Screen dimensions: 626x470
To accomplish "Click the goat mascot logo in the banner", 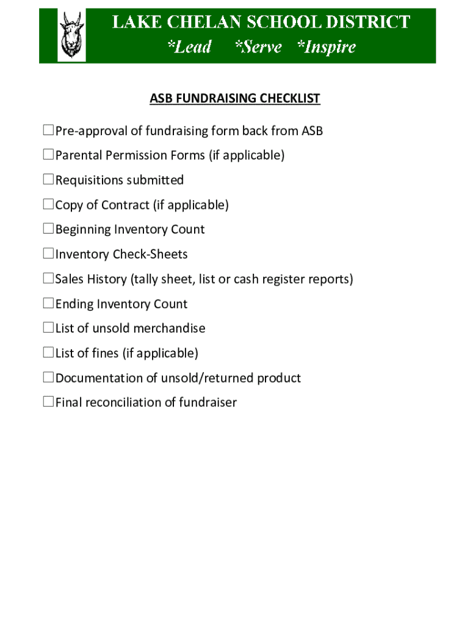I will [x=71, y=36].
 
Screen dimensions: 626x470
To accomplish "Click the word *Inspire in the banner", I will [x=326, y=47].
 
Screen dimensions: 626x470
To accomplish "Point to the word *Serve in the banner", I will [x=258, y=47].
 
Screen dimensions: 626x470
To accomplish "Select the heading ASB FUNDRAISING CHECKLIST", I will [x=235, y=98].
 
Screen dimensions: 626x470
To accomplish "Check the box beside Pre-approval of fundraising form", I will [x=48, y=130].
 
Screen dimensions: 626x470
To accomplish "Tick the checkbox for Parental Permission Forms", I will [x=48, y=155].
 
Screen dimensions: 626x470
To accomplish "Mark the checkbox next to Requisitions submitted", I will [x=48, y=180].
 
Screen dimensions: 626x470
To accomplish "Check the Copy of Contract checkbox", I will [x=48, y=204].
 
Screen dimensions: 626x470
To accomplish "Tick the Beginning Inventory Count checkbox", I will [x=48, y=229].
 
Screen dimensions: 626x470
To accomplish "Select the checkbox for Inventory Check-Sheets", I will [x=48, y=254].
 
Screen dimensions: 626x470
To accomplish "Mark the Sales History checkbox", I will [x=48, y=279].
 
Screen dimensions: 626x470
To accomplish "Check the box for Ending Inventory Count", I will [x=48, y=303].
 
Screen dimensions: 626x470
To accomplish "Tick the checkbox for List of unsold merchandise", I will [x=48, y=328].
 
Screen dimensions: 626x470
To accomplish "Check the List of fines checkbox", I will [x=48, y=353].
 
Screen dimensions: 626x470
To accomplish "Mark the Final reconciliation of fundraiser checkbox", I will [x=48, y=402].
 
